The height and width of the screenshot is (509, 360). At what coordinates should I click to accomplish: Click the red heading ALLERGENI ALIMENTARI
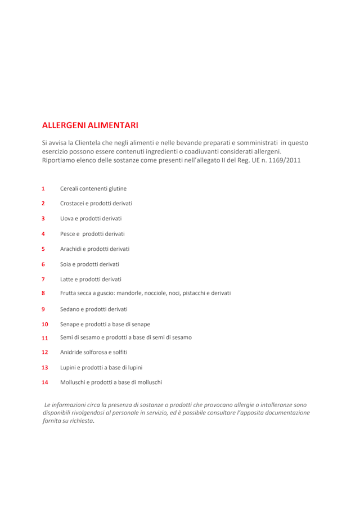coord(90,125)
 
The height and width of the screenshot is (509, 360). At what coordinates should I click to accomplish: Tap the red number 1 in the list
coord(43,188)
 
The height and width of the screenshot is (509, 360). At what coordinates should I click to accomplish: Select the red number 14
coord(45,382)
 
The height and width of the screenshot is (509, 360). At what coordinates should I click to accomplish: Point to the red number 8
coord(43,293)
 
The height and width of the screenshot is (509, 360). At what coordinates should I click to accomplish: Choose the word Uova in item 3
coord(67,218)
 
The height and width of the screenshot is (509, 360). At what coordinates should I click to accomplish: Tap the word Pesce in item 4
coord(69,233)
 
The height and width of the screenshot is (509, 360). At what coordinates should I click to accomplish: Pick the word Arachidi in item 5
coord(72,249)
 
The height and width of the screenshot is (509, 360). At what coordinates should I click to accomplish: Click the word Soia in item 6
coord(66,264)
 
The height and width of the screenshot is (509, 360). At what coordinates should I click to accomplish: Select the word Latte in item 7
coord(68,279)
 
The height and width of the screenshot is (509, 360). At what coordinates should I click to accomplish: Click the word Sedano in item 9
coord(70,309)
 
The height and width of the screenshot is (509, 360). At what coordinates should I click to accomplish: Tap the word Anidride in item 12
coord(73,352)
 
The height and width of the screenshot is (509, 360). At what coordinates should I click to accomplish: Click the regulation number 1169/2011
coord(284,160)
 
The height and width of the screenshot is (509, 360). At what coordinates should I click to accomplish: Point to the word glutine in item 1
coord(116,188)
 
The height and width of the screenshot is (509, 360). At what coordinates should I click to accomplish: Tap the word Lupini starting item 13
coord(70,367)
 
